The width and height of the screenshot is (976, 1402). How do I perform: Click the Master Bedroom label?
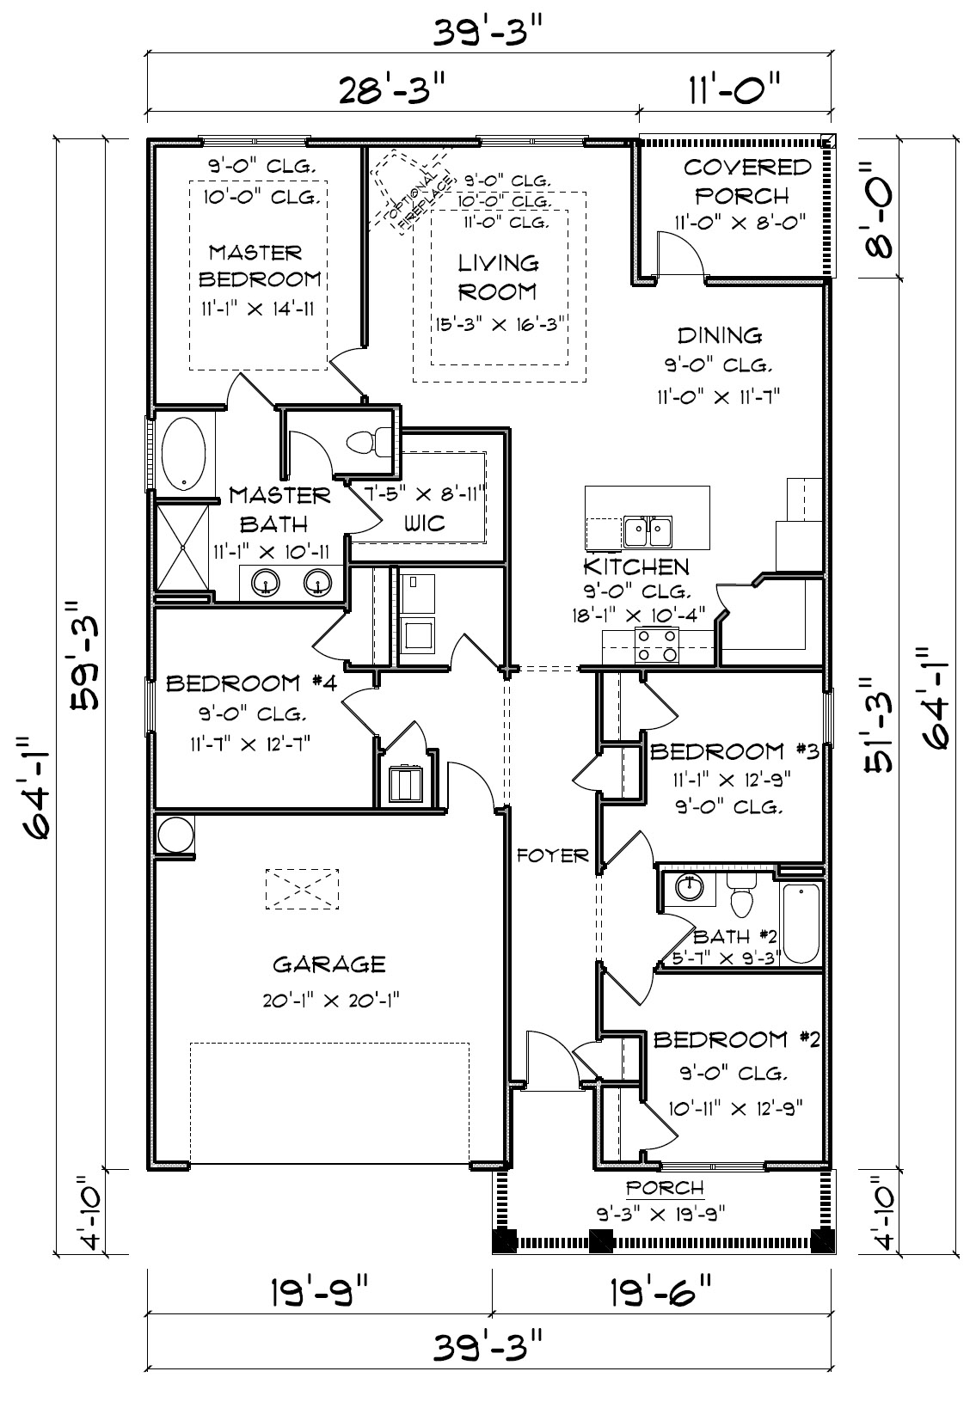(x=259, y=266)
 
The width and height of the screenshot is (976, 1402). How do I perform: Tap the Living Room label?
(x=499, y=278)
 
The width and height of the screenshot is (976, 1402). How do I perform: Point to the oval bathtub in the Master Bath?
(x=183, y=453)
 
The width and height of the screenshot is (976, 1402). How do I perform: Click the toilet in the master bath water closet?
(x=363, y=444)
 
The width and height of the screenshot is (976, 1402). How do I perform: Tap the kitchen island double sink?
(x=648, y=533)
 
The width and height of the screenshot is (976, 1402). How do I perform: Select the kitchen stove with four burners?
(x=657, y=646)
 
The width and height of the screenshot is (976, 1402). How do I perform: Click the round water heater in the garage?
(x=175, y=835)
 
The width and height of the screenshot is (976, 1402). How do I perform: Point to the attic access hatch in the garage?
(x=303, y=889)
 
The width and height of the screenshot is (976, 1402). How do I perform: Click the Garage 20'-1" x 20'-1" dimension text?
(x=331, y=1001)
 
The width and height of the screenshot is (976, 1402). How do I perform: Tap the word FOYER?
(x=553, y=855)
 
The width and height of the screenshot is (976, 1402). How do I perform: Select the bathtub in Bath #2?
(x=801, y=924)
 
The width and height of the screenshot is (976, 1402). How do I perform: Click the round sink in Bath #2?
(x=689, y=887)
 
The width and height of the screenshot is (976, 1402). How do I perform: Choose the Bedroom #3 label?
(x=734, y=751)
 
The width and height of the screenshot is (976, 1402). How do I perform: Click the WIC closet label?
(x=425, y=523)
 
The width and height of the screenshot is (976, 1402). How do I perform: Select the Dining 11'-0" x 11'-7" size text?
(x=719, y=396)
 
